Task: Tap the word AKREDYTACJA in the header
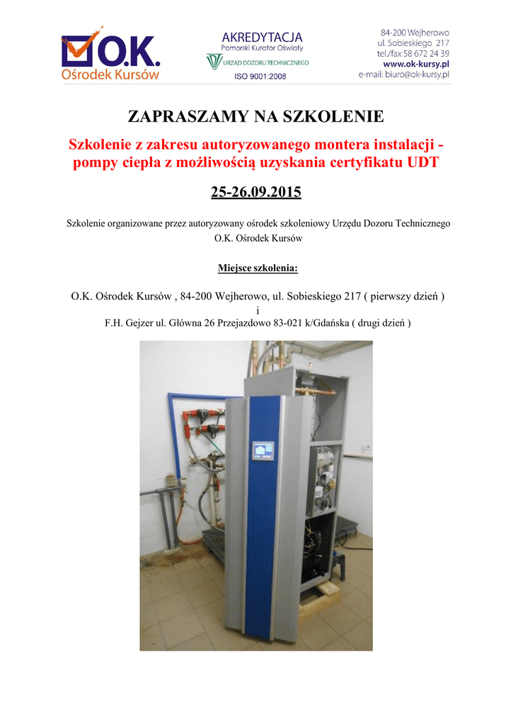262,37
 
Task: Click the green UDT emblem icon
214,62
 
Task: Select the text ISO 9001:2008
260,76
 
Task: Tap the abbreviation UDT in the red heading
422,164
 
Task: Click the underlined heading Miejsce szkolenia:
256,269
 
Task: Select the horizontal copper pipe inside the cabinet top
315,389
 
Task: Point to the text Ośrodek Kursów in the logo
110,74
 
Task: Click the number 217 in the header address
442,43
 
